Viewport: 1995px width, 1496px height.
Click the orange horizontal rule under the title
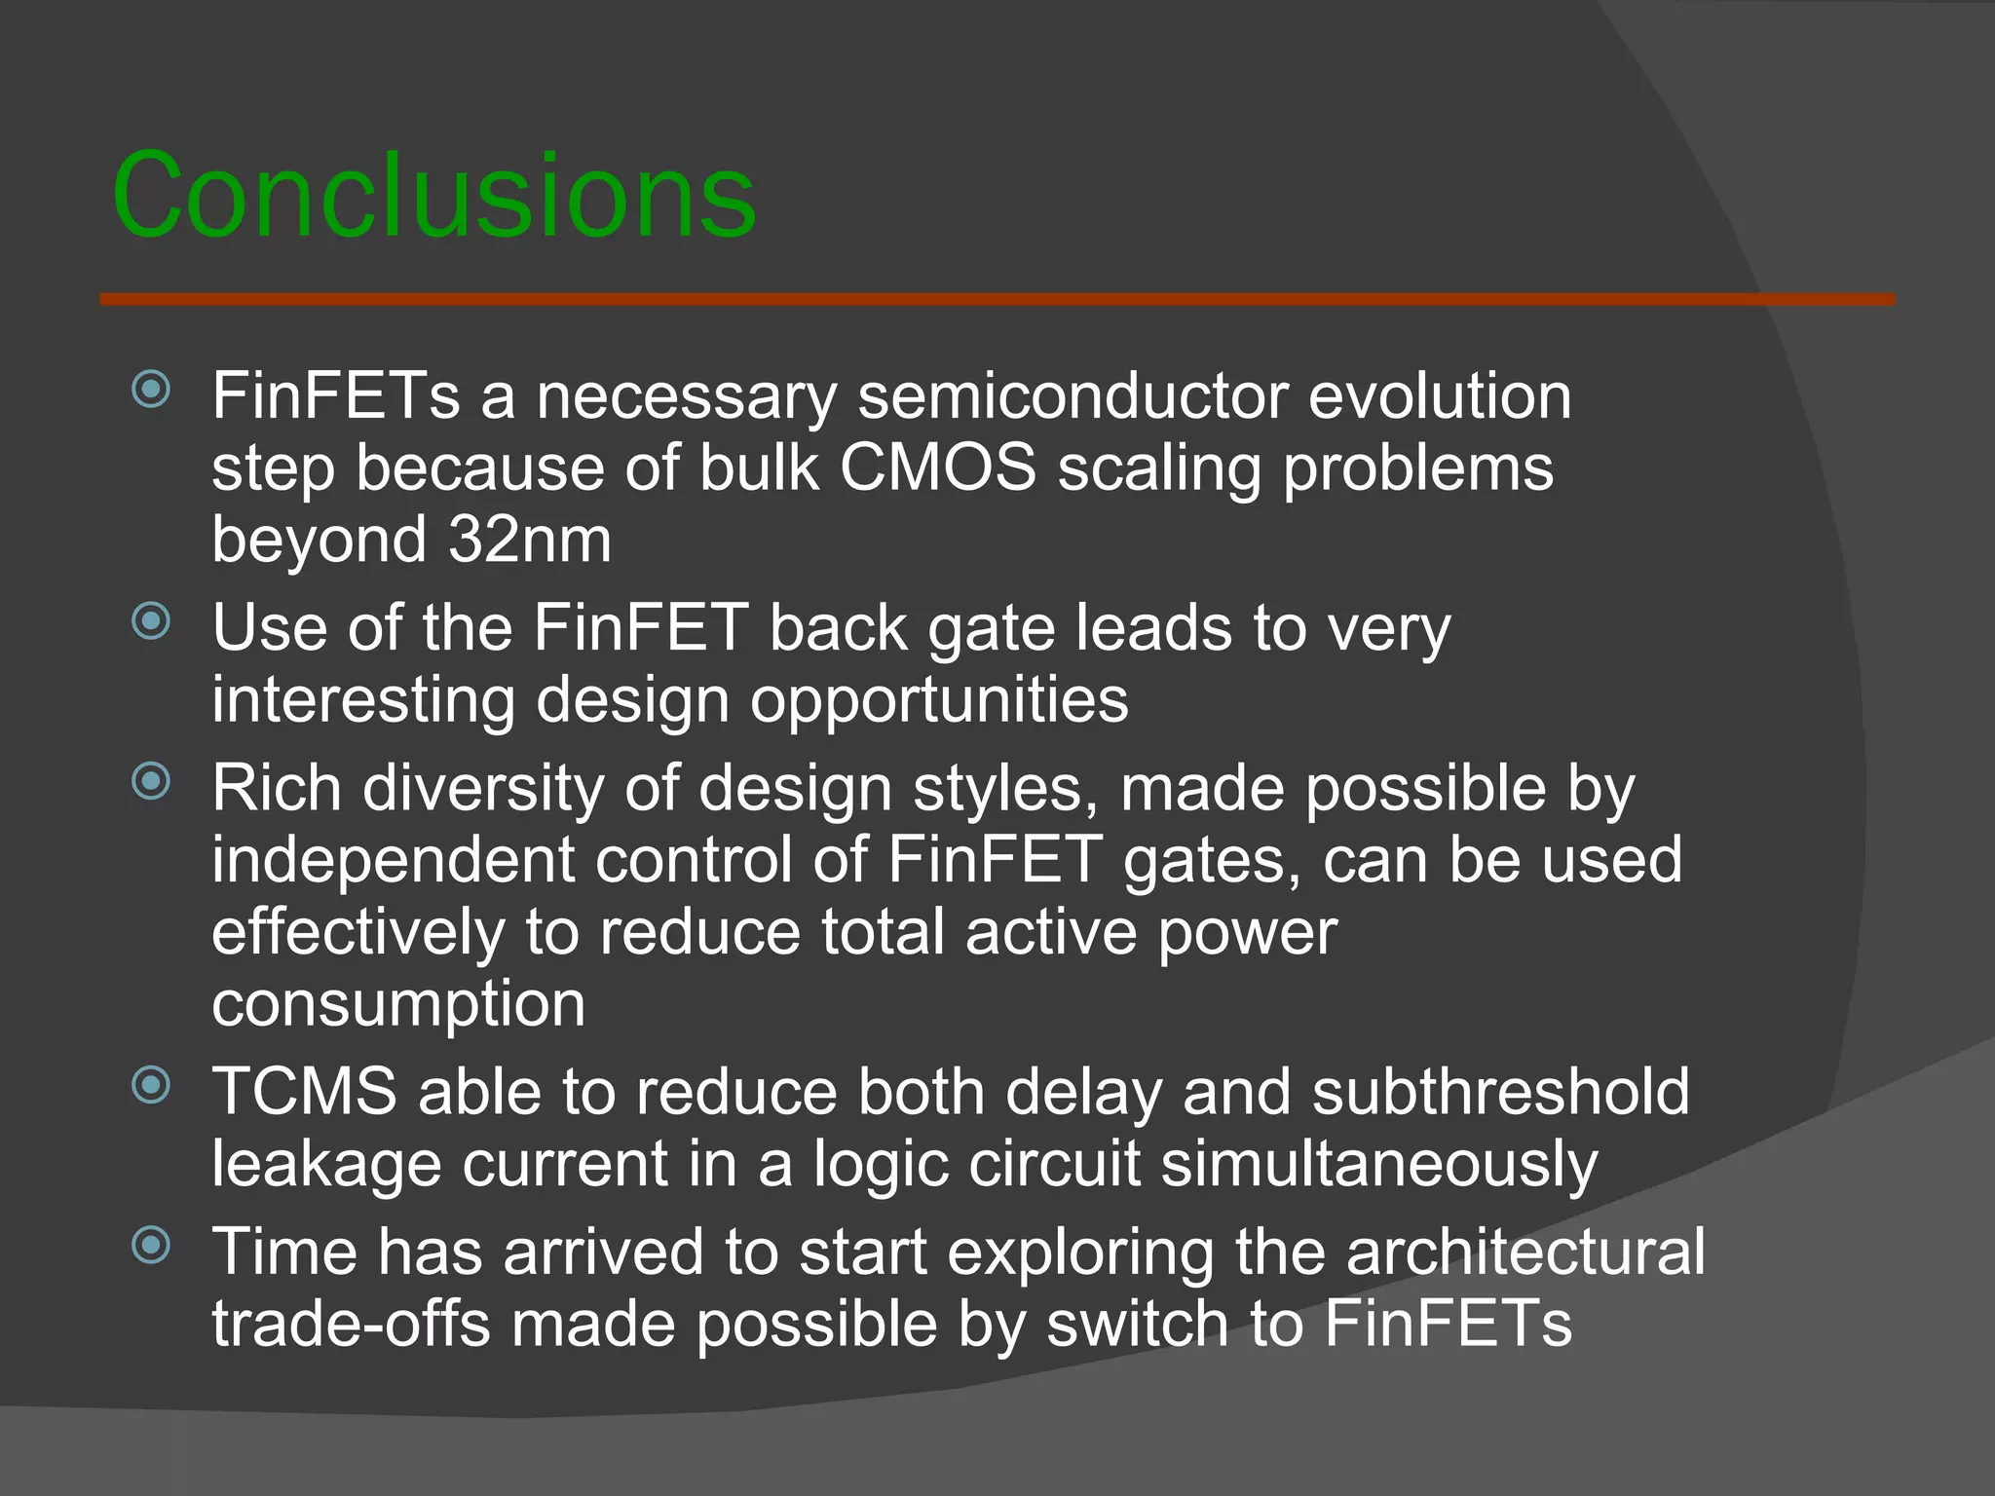pyautogui.click(x=997, y=299)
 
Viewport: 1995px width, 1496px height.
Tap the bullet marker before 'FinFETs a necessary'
pyautogui.click(x=151, y=391)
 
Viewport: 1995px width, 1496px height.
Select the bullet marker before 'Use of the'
pyautogui.click(x=151, y=621)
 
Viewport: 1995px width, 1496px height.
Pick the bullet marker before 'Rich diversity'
pyautogui.click(x=151, y=780)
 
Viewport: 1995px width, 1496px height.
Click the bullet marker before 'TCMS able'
pyautogui.click(x=151, y=1085)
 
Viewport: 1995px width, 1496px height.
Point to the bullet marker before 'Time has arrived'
pyautogui.click(x=151, y=1244)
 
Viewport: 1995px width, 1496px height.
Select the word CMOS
pyautogui.click(x=938, y=467)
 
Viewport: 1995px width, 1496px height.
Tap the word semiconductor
pyautogui.click(x=1072, y=396)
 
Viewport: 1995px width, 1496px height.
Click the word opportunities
pyautogui.click(x=939, y=700)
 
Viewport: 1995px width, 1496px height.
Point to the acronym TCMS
pyautogui.click(x=305, y=1091)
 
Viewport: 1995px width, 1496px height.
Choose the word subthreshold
pyautogui.click(x=1500, y=1091)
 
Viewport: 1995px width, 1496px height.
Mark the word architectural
pyautogui.click(x=1525, y=1252)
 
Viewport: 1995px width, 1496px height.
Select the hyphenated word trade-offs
pyautogui.click(x=351, y=1324)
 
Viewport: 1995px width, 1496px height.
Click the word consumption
pyautogui.click(x=398, y=1004)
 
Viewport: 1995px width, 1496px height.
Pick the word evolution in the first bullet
pyautogui.click(x=1440, y=396)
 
